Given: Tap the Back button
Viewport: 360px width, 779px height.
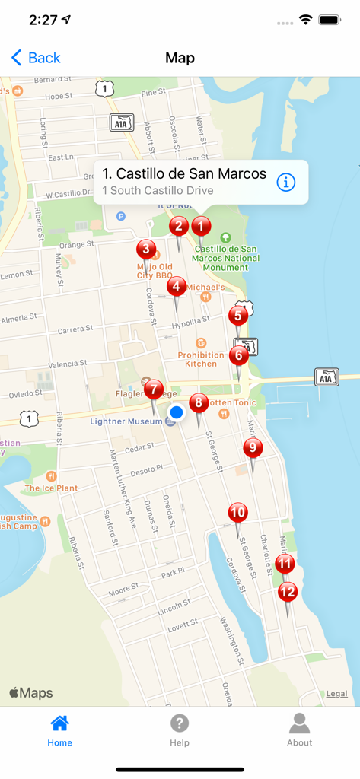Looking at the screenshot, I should point(36,58).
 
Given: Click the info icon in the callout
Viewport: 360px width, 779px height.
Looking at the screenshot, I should point(285,183).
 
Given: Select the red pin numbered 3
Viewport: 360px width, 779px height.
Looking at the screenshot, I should point(146,249).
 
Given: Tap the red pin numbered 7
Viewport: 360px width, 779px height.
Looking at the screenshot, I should point(154,389).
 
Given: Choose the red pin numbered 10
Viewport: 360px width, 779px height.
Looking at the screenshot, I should point(237,513).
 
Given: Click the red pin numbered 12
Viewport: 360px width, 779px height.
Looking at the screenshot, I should point(287,591).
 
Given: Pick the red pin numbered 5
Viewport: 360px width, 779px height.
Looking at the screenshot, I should point(238,315).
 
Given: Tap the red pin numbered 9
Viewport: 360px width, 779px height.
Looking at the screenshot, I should point(253,448).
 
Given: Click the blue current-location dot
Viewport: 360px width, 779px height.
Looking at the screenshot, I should point(177,412).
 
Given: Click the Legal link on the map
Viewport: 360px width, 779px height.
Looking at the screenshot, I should point(336,694).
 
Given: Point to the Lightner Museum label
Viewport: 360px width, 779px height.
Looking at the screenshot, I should point(126,421).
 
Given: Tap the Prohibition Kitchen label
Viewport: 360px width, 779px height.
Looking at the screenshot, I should point(201,359).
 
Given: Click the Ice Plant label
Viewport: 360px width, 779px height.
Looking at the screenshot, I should point(51,488).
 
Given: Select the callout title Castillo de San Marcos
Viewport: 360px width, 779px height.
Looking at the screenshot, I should point(184,174).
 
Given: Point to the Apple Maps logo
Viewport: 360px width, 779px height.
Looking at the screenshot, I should point(31,693).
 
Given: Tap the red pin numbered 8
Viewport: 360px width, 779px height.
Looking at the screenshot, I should point(199,403).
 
